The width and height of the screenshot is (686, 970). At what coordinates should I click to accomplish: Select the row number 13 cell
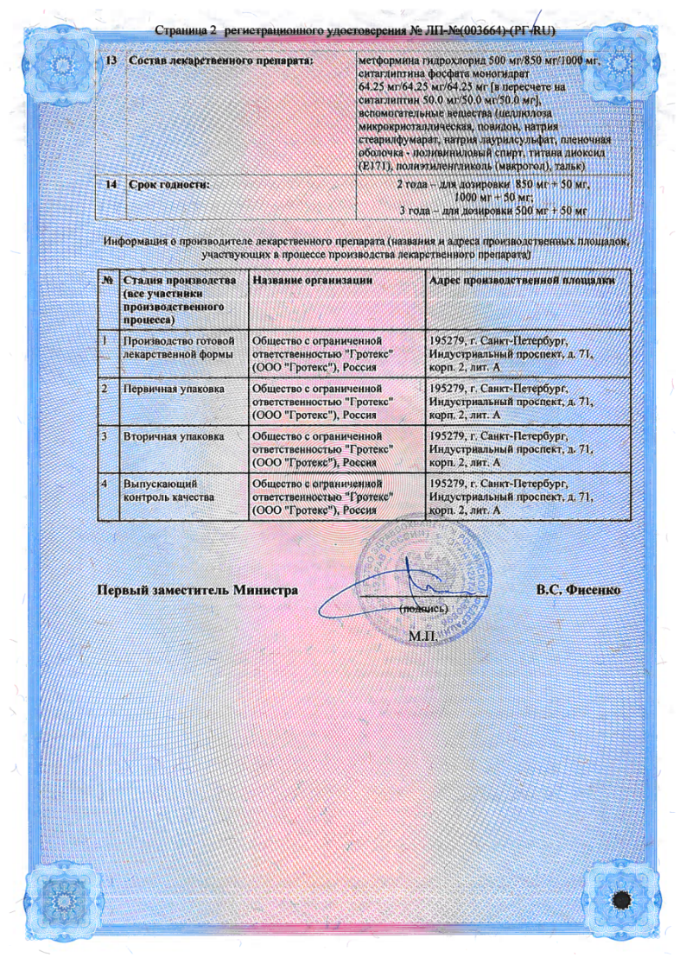coord(111,60)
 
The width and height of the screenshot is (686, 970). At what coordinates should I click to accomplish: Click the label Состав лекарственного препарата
coord(219,60)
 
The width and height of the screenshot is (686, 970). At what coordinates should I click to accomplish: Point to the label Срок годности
coord(169,185)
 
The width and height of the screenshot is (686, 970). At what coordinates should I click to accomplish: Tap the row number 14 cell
coord(111,185)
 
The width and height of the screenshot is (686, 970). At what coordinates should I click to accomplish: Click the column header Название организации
coord(312,281)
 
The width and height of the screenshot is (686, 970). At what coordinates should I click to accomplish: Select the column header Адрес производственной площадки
coord(522,281)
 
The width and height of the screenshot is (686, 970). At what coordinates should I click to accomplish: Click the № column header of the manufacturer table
coord(109,281)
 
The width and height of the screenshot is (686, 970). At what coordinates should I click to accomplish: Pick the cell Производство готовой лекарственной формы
coord(180,347)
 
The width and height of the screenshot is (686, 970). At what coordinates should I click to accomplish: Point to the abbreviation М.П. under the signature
coord(423,637)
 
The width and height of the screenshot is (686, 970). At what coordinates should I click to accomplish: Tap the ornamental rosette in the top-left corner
coord(64,65)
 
